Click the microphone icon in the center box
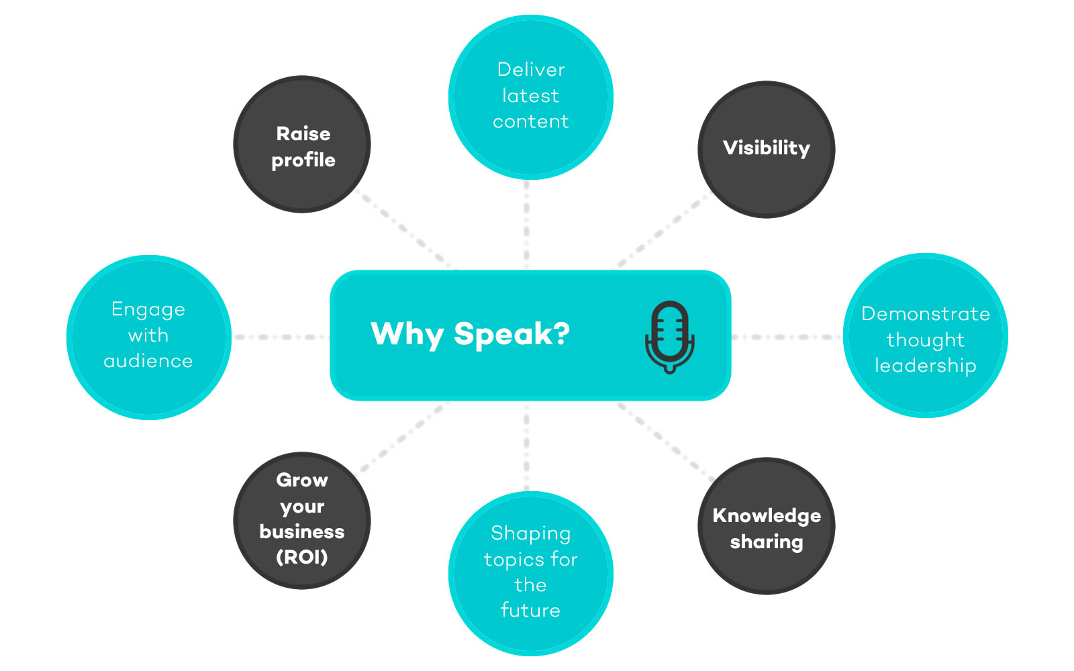point(670,337)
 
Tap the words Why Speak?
point(470,334)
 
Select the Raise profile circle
point(302,144)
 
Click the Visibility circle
point(766,150)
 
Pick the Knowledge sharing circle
point(766,526)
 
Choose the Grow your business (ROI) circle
point(302,521)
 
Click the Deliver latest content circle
point(531,97)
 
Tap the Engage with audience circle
point(148,338)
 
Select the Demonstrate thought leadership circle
point(926,335)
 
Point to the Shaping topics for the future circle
point(531,574)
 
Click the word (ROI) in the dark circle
point(302,557)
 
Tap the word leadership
point(926,366)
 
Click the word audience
point(148,361)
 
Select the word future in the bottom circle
point(531,610)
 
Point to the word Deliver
point(531,70)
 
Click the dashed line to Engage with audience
point(281,337)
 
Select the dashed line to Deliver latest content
point(526,225)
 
